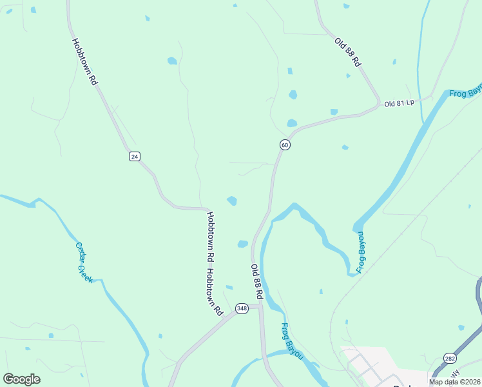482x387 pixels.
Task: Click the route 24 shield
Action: click(134, 157)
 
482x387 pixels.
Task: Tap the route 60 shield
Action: click(285, 145)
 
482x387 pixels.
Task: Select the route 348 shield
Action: click(242, 308)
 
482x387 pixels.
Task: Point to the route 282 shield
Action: click(450, 358)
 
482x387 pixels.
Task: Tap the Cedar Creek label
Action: click(84, 261)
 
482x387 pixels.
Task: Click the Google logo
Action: click(21, 379)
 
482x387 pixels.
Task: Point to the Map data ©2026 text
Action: click(454, 382)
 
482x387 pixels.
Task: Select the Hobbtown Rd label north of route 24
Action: click(84, 62)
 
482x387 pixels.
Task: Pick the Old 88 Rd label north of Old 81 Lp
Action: click(347, 52)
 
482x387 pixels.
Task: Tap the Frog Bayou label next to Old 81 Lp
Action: click(465, 92)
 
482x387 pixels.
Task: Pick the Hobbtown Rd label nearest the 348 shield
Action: click(215, 292)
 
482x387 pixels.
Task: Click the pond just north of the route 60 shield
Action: click(292, 123)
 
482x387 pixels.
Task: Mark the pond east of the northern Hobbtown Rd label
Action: click(172, 61)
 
